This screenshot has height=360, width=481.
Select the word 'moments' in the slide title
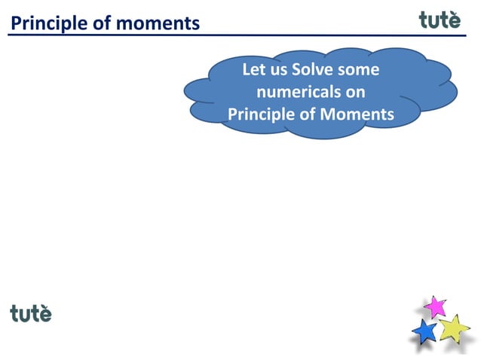[x=159, y=24]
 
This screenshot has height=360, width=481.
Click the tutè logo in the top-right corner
[x=440, y=20]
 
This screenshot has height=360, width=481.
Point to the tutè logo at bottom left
[x=31, y=313]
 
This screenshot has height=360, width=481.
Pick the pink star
[x=435, y=306]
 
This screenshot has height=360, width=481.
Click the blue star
[x=425, y=331]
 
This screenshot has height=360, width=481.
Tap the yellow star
[x=454, y=328]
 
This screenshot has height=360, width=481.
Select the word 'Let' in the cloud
[x=254, y=70]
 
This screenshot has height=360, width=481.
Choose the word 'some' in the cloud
[x=359, y=70]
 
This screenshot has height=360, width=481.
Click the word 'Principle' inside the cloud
[x=261, y=114]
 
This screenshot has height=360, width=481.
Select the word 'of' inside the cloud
[x=308, y=114]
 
